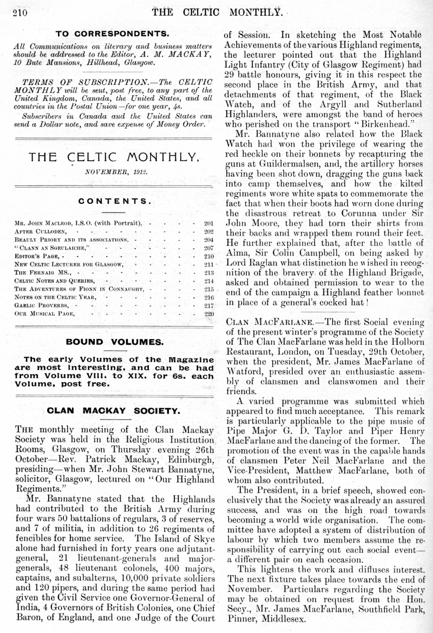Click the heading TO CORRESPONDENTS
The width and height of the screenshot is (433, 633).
(x=110, y=33)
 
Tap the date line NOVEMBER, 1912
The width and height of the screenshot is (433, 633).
(x=110, y=172)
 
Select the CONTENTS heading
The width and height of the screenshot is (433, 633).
(x=110, y=201)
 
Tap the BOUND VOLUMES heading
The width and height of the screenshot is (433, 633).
(x=110, y=342)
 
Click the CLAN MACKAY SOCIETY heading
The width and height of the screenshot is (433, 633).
(x=110, y=410)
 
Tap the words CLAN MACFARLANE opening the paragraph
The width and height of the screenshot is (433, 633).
(x=259, y=323)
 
